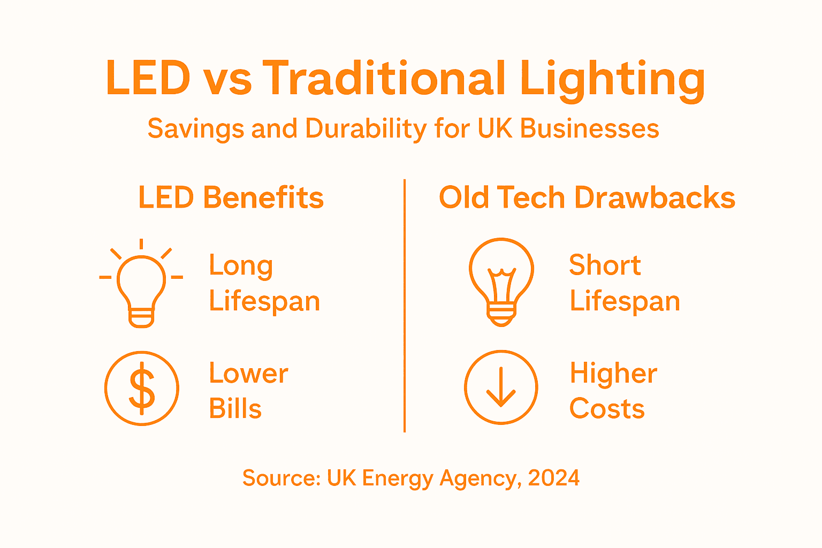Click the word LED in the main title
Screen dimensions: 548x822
coord(148,78)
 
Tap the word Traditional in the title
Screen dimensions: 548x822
coord(384,78)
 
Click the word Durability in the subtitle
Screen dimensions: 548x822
coord(366,129)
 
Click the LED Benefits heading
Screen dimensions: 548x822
coord(231,197)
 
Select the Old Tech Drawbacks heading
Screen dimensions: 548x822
coord(587,197)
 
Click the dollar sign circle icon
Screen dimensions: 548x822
coord(142,388)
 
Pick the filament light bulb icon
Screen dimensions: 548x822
coord(501,282)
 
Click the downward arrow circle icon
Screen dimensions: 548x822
coord(501,387)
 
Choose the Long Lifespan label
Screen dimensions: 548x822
coord(264,283)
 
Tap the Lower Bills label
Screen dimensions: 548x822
coord(248,391)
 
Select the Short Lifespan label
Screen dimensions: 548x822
coord(624,283)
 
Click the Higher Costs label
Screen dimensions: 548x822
coord(613,391)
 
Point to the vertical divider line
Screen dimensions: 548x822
coord(405,305)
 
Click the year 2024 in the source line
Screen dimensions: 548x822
coord(553,478)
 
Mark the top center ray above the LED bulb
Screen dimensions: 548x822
coord(141,245)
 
